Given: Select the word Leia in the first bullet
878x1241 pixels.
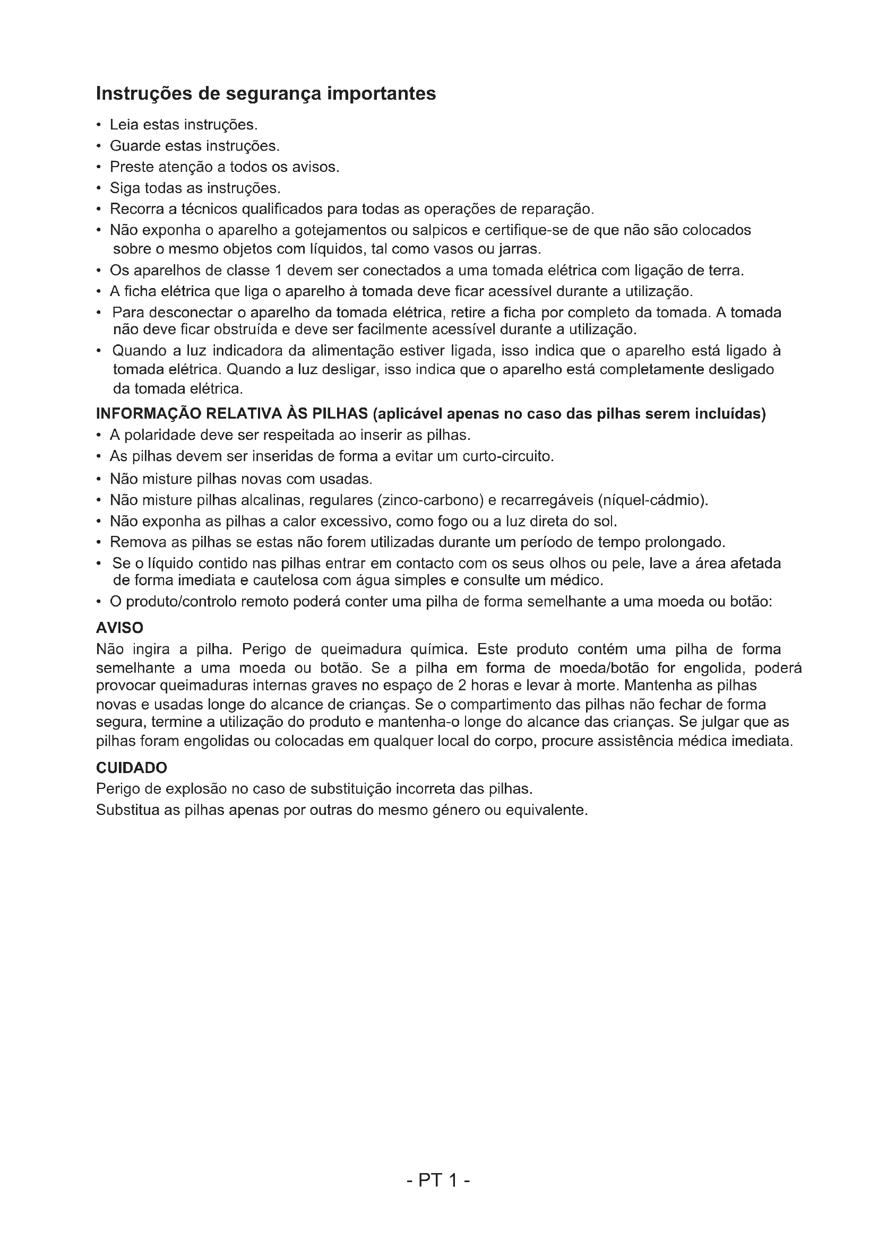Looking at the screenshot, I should pyautogui.click(x=123, y=125).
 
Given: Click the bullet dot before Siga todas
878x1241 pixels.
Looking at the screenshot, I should pyautogui.click(x=98, y=189).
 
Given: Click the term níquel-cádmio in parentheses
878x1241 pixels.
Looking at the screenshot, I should pyautogui.click(x=651, y=500).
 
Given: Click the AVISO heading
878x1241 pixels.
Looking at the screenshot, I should pyautogui.click(x=119, y=628).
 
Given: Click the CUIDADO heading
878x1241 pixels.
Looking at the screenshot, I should pyautogui.click(x=131, y=768).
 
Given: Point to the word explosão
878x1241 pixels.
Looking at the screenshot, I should pyautogui.click(x=196, y=789).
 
